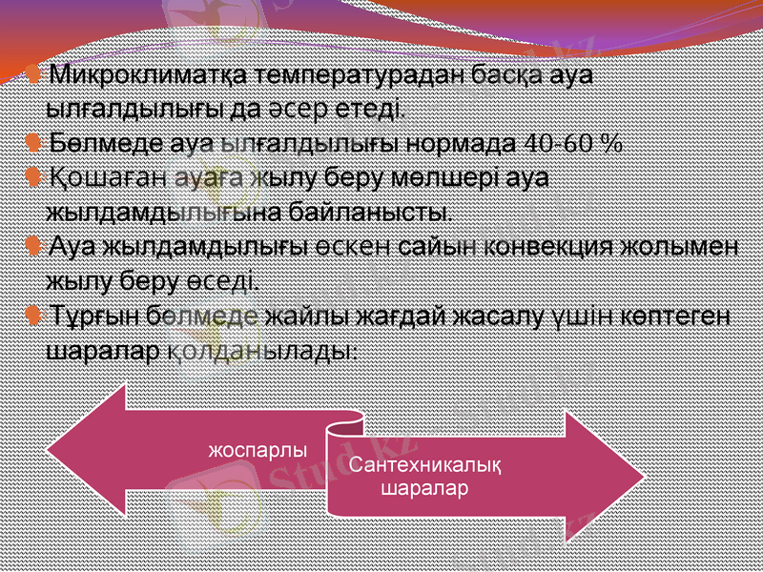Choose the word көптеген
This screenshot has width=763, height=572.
click(x=675, y=315)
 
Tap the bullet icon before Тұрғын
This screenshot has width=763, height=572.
click(x=33, y=314)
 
